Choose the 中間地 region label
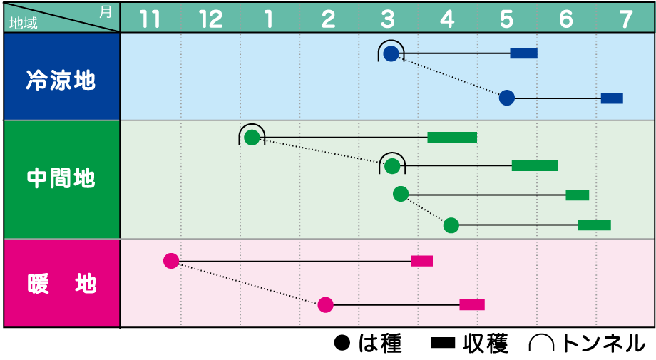point(61,178)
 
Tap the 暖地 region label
point(61,284)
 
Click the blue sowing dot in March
point(391,53)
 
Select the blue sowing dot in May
point(506,98)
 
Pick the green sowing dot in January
point(252,137)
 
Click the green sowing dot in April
point(451,225)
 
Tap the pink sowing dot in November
point(170,261)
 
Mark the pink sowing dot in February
point(325,305)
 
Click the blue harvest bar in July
point(612,98)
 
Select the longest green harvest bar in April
point(452,137)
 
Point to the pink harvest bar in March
point(422,261)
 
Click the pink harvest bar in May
point(472,305)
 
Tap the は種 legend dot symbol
point(343,344)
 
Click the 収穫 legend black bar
point(443,344)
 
